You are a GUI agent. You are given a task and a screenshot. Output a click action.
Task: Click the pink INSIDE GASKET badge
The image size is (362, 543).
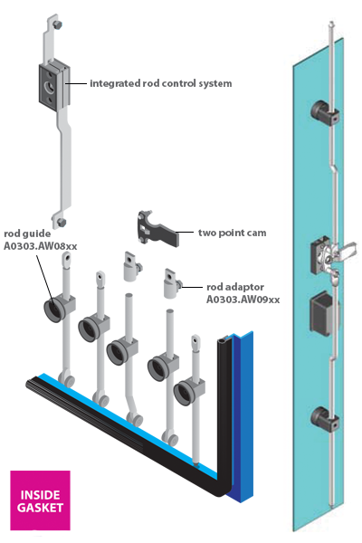tap(40, 500)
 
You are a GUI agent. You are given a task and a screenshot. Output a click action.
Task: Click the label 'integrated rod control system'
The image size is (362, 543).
tap(161, 83)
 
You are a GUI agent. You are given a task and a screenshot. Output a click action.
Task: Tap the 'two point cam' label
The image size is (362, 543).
tap(232, 233)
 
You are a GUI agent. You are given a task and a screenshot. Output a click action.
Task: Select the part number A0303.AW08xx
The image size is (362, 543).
tap(40, 246)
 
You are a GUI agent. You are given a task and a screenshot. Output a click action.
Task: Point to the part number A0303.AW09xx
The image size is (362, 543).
tap(243, 300)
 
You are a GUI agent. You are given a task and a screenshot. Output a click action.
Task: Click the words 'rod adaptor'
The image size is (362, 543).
tap(235, 287)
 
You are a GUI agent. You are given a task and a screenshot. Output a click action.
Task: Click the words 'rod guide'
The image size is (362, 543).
tap(27, 233)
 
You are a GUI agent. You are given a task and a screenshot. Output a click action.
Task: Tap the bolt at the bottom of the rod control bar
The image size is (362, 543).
tap(62, 223)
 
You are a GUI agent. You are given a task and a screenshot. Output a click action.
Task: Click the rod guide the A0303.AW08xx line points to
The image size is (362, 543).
tap(55, 309)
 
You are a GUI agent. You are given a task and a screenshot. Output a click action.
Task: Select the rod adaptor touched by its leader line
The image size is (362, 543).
tap(171, 283)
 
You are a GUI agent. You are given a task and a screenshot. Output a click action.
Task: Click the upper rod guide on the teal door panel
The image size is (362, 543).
tap(324, 113)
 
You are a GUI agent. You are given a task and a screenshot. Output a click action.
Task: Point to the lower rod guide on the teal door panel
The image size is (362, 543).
tap(324, 419)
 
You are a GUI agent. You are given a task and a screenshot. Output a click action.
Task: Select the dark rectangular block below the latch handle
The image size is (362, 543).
tap(324, 314)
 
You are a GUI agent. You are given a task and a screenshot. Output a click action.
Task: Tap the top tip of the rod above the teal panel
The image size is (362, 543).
tap(332, 23)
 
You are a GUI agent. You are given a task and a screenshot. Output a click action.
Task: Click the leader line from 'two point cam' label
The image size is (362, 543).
tap(185, 232)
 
